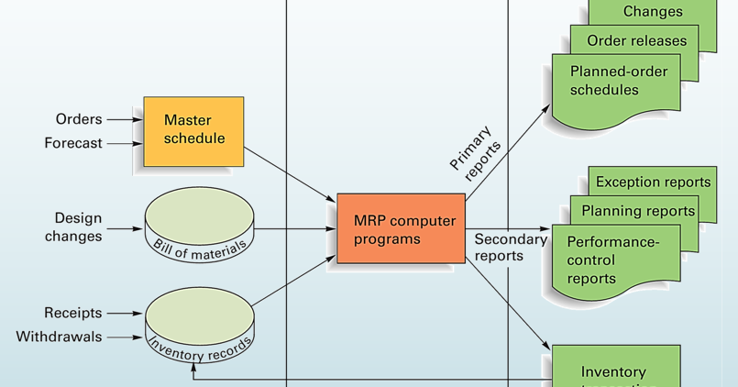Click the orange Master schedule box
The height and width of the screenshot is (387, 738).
(x=193, y=130)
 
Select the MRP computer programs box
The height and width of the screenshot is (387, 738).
(x=401, y=229)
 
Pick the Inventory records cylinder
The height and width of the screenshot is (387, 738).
(x=199, y=323)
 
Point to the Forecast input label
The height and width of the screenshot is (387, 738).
(x=73, y=143)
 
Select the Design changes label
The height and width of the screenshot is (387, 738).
(x=78, y=227)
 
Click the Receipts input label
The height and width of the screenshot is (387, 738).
(x=73, y=314)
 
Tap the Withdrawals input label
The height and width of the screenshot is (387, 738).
(x=60, y=337)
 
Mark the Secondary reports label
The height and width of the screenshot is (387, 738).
(x=511, y=248)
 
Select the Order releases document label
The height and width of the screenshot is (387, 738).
(x=636, y=40)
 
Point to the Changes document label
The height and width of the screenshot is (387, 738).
(x=653, y=12)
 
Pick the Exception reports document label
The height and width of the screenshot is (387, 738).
(x=653, y=182)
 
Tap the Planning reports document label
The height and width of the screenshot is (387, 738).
(x=638, y=211)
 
